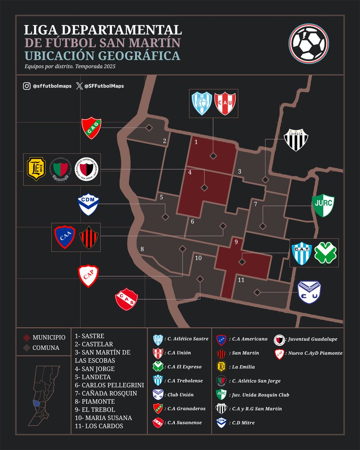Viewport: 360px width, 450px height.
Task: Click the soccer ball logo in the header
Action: (x=309, y=44)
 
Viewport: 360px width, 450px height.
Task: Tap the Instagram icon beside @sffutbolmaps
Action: (x=27, y=86)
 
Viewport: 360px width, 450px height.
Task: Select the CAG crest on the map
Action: (x=91, y=128)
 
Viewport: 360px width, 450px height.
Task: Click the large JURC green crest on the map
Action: (x=323, y=205)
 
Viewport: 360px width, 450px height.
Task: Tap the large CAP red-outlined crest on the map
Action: (x=88, y=276)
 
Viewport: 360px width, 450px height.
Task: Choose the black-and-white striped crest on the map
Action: (x=296, y=140)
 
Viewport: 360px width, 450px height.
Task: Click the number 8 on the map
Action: (x=142, y=249)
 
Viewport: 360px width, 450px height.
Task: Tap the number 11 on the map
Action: (x=241, y=280)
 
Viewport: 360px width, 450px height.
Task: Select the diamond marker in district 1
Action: (x=213, y=156)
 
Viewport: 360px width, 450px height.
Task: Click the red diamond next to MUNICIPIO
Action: (x=26, y=337)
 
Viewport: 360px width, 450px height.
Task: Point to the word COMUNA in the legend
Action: (x=46, y=348)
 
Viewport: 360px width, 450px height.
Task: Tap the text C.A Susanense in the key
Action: (x=184, y=422)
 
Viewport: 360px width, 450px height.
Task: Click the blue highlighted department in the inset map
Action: (x=36, y=404)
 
